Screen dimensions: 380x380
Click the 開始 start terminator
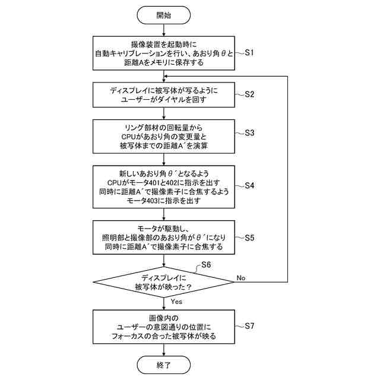(x=164, y=15)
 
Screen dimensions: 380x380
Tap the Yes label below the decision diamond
(x=176, y=301)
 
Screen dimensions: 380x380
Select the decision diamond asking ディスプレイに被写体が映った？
(x=164, y=281)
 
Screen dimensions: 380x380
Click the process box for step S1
(x=164, y=53)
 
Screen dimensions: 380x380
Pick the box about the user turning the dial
(x=164, y=94)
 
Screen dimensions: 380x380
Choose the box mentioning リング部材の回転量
(x=164, y=136)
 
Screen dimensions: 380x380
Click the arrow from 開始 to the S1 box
(x=164, y=30)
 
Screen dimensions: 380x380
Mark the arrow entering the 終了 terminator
(x=164, y=349)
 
